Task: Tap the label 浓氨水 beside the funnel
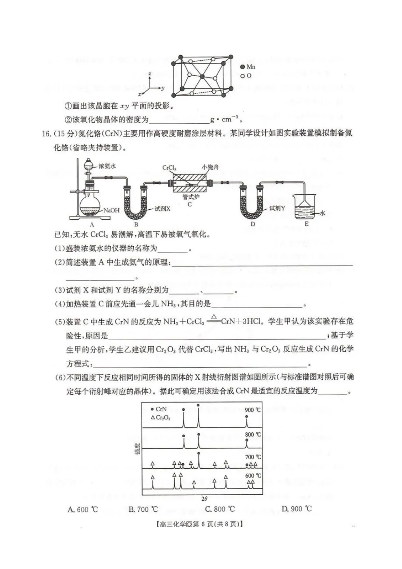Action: (107, 166)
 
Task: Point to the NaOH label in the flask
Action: (111, 210)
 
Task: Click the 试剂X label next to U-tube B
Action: (163, 208)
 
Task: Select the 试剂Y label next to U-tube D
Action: (277, 208)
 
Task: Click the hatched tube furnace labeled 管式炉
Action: (189, 184)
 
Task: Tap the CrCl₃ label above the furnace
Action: (169, 167)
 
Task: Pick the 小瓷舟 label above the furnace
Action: (210, 167)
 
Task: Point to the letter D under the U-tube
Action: (252, 224)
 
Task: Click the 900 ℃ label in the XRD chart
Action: (253, 410)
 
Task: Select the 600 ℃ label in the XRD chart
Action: (253, 475)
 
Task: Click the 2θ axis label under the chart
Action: (205, 499)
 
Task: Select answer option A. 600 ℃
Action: (83, 510)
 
